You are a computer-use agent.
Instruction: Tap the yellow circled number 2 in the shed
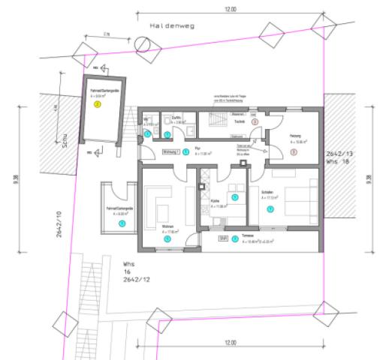[x=97, y=105]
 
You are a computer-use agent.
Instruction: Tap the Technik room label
[x=240, y=121]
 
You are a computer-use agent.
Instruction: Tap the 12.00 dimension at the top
[x=230, y=10]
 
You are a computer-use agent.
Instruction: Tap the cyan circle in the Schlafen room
[x=270, y=209]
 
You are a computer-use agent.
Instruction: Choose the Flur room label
[x=198, y=151]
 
